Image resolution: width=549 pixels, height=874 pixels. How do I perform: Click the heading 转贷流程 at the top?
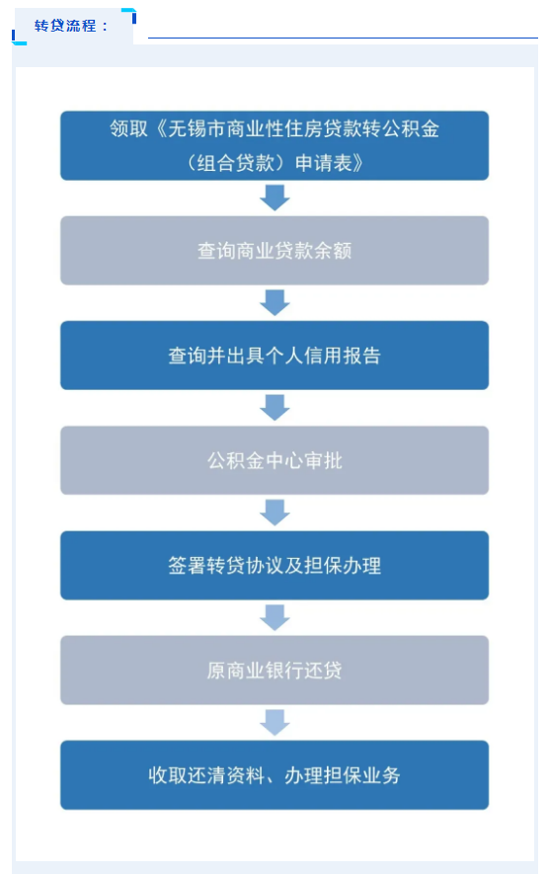click(65, 26)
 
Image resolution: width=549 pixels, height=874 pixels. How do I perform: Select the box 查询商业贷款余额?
click(274, 250)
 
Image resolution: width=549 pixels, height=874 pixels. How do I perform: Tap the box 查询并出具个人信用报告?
click(274, 356)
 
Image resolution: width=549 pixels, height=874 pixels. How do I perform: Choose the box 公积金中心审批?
click(274, 460)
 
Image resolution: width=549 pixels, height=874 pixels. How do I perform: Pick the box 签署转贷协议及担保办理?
click(274, 565)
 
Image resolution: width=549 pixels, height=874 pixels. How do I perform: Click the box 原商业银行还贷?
click(274, 670)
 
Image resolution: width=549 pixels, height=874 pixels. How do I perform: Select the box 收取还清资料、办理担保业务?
click(274, 775)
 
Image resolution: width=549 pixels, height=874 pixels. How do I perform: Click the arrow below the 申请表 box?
click(274, 198)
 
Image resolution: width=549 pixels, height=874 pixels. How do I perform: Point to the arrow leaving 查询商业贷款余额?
click(274, 302)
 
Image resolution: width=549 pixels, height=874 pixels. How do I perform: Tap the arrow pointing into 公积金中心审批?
click(274, 408)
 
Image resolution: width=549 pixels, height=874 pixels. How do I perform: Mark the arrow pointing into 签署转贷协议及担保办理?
click(274, 513)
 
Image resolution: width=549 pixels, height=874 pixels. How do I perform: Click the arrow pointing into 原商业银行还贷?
click(274, 617)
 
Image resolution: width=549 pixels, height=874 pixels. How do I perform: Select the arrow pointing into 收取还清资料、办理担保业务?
click(274, 722)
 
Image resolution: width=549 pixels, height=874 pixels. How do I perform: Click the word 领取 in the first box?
click(128, 128)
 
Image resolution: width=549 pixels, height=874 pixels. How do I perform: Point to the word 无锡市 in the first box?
click(196, 128)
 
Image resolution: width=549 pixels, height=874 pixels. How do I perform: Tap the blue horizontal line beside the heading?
click(343, 38)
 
